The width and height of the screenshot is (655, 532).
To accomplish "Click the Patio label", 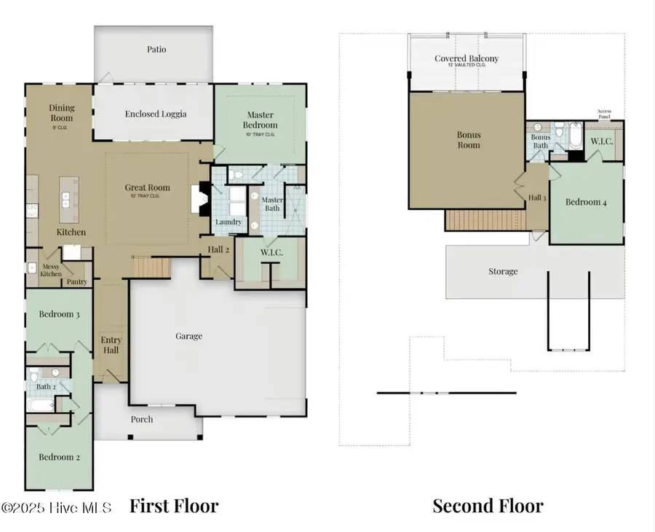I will coord(156,50).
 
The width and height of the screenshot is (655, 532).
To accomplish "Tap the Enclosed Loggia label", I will coord(156,114).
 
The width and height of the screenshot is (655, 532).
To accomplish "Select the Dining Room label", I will coord(62,113).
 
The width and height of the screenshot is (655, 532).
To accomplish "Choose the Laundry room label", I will coord(229,222).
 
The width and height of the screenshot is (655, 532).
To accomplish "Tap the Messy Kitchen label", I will coord(51,270).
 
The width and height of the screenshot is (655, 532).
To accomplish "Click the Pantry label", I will coord(76,281).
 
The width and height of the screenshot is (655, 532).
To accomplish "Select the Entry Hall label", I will coord(111,345).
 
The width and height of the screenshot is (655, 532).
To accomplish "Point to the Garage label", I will coord(188,336).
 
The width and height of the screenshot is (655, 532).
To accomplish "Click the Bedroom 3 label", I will coord(59,314).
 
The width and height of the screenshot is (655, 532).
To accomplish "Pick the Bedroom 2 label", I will coord(58,457).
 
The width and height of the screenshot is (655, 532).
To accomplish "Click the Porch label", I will coord(142,419).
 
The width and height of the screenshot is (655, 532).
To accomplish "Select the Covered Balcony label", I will coord(467,59).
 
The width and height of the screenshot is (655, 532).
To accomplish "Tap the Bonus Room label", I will coord(469,140).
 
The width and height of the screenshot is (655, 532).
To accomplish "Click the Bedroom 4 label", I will coord(586,202).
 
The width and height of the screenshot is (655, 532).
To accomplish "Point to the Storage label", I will coord(503,271).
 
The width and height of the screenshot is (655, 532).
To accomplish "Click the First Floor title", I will coord(174,505).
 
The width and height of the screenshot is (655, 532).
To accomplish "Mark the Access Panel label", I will coord(605,114).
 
